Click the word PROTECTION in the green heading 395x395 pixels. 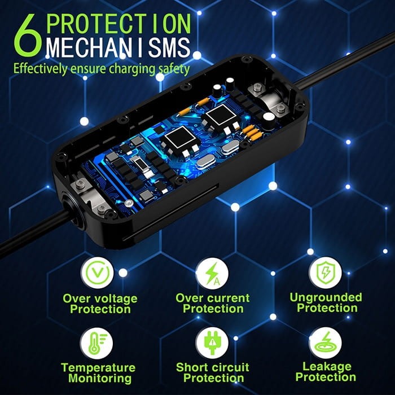(x=119, y=23)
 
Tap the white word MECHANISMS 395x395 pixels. (x=118, y=49)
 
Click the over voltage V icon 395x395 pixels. (x=99, y=273)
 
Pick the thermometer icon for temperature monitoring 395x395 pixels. (x=99, y=342)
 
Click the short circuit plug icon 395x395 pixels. (x=213, y=343)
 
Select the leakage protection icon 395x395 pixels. (x=326, y=343)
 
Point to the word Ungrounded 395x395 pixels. (x=326, y=297)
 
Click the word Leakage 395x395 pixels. (x=326, y=366)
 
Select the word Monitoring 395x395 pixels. (x=98, y=379)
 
